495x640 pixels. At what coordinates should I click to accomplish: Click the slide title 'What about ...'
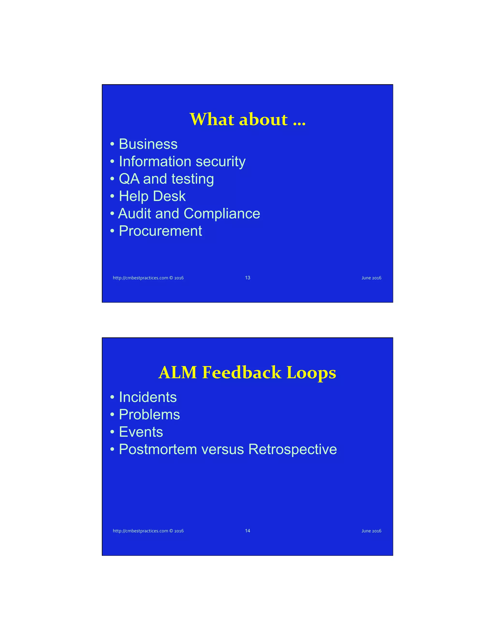247,119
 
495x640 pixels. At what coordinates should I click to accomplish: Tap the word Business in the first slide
148,144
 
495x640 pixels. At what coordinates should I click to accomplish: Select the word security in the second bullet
220,162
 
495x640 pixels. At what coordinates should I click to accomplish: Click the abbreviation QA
129,179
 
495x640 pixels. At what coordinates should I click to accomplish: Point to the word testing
193,179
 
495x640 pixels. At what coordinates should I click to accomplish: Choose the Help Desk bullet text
152,196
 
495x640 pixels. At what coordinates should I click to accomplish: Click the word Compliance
222,214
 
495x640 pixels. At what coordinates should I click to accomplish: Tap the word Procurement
160,231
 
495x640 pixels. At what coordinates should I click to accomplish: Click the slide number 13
247,277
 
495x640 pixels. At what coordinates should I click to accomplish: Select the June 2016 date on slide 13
371,278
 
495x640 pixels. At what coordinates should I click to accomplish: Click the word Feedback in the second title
242,372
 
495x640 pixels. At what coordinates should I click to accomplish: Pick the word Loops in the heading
311,373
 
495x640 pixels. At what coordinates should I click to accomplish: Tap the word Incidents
148,397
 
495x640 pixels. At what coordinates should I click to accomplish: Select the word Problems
149,415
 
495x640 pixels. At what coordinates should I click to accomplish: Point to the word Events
141,432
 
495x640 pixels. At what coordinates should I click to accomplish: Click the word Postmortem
158,449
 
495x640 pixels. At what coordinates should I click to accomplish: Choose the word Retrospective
293,449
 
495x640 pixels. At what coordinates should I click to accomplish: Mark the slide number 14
247,531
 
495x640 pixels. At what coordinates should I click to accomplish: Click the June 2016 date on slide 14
371,531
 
